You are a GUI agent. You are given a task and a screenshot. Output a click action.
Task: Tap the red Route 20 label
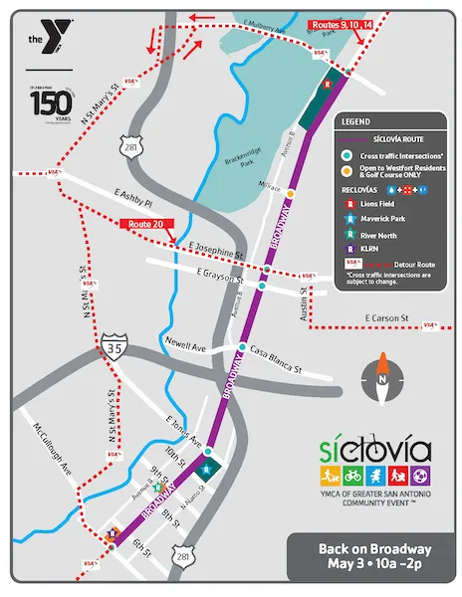[142, 225]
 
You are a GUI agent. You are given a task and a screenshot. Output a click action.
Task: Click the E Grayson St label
[220, 270]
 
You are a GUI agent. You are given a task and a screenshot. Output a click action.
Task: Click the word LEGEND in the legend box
[356, 120]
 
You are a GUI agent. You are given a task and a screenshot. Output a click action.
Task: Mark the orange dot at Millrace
[291, 193]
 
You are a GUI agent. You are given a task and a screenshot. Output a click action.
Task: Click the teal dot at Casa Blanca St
[242, 347]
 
